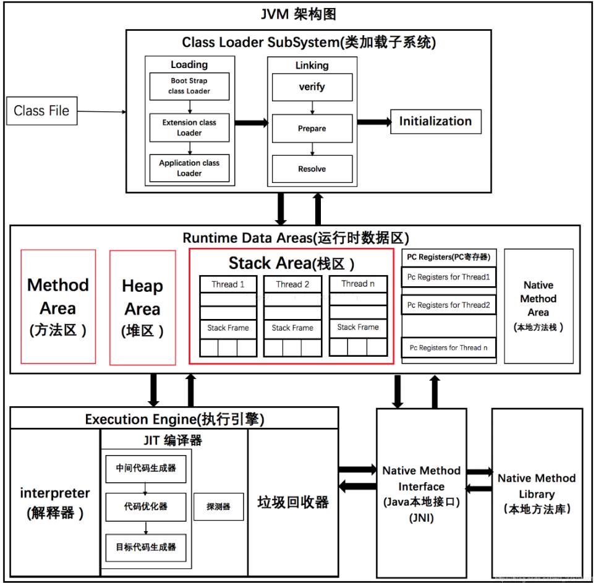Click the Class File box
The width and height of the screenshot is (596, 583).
[x=42, y=111]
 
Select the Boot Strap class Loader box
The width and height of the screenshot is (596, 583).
[x=189, y=86]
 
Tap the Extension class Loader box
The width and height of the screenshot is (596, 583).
[x=189, y=127]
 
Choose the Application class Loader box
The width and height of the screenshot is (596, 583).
[x=189, y=168]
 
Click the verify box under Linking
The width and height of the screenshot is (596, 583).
[x=312, y=87]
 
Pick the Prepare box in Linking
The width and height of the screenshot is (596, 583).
[x=312, y=129]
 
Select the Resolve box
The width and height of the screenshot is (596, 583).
[x=312, y=169]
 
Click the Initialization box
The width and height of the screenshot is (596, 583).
[x=435, y=121]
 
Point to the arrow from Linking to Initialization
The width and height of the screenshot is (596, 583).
[x=373, y=122]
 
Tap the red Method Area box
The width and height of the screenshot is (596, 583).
[x=58, y=307]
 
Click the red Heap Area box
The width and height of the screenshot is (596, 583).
[x=142, y=307]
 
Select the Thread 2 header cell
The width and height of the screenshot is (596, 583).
[x=292, y=284]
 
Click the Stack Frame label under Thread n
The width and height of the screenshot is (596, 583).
[x=358, y=327]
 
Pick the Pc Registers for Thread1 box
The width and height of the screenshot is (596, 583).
[x=448, y=277]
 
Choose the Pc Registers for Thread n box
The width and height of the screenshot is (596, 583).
[x=448, y=347]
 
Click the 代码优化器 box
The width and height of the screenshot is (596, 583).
[x=146, y=506]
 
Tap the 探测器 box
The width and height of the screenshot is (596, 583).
[x=218, y=506]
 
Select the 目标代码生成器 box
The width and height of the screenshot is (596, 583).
[x=146, y=547]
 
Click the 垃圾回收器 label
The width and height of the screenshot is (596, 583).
[x=293, y=502]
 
